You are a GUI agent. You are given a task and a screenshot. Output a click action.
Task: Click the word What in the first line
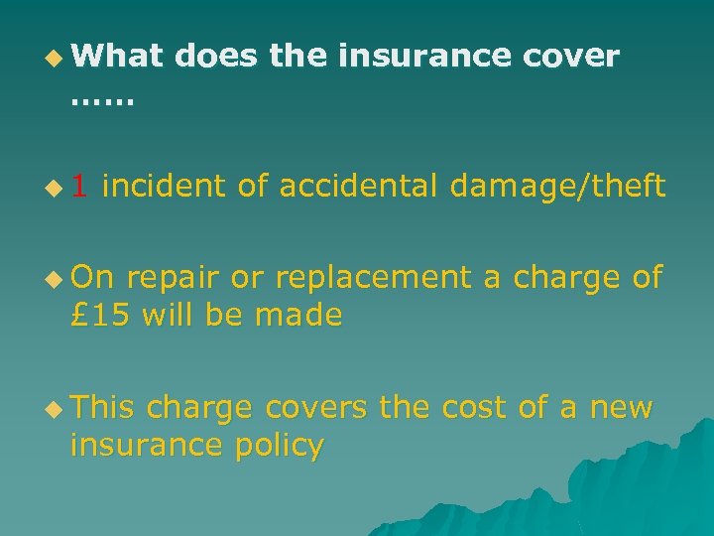pos(116,57)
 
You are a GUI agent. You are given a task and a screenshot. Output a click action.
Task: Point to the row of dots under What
pos(102,99)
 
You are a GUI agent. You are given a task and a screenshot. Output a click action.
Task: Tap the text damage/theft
pos(557,186)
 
